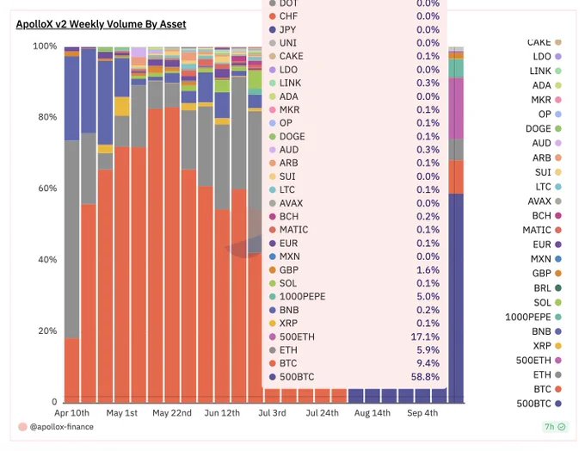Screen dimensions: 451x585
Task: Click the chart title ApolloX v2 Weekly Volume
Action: [101, 24]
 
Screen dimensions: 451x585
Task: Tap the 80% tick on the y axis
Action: [46, 117]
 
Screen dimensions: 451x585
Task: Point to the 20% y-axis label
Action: [46, 331]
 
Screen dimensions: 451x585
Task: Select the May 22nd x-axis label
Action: [172, 413]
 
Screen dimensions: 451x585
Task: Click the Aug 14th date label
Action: [372, 413]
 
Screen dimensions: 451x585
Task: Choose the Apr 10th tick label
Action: [71, 413]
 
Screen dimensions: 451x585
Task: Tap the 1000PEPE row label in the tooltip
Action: [303, 296]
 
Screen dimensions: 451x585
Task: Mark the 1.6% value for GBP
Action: [428, 269]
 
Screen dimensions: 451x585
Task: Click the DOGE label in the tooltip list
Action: [292, 136]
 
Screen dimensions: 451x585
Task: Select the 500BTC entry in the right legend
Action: [533, 403]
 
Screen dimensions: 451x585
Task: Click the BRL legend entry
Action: [542, 288]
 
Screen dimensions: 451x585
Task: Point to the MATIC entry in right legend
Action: [537, 230]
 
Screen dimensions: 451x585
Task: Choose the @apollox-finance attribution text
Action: [62, 427]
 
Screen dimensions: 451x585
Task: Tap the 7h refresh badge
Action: [554, 427]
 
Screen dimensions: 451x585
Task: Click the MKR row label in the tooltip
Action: [289, 109]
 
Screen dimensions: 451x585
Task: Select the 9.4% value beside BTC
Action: [428, 363]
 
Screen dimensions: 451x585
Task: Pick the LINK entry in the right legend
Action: [541, 71]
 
